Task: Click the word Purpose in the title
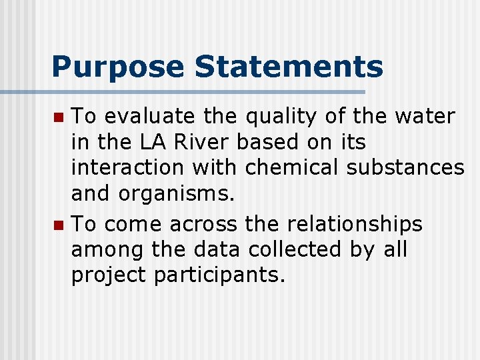tap(117, 67)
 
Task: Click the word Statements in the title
tap(289, 67)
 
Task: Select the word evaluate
tap(149, 117)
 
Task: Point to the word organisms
tap(177, 194)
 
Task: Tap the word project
tap(108, 275)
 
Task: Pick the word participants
tap(219, 275)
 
